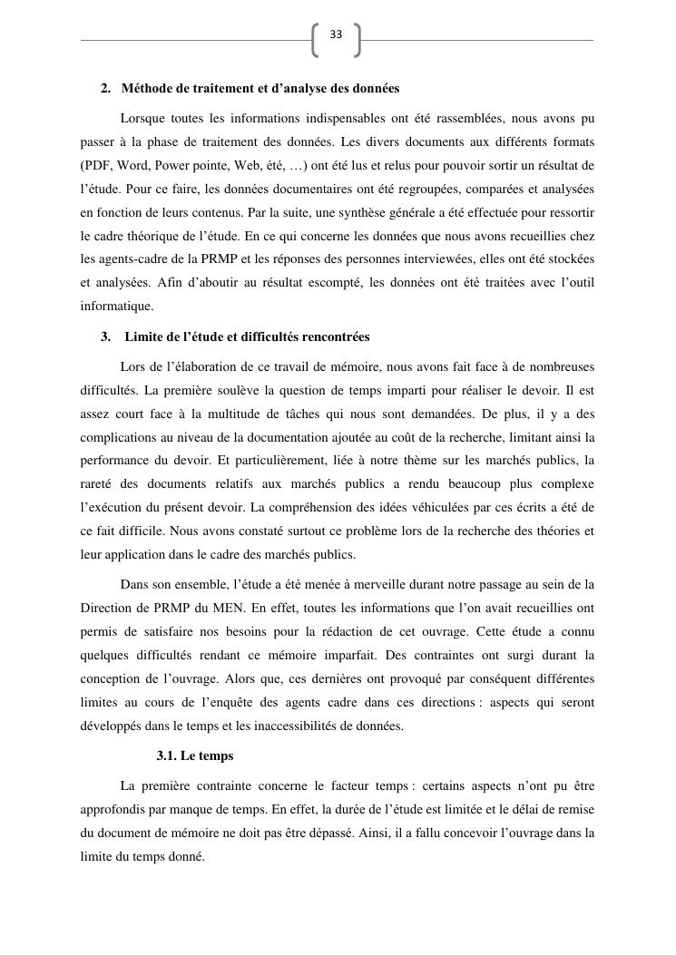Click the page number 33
pos(336,34)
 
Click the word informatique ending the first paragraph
pos(115,307)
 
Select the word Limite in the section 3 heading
pos(142,337)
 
